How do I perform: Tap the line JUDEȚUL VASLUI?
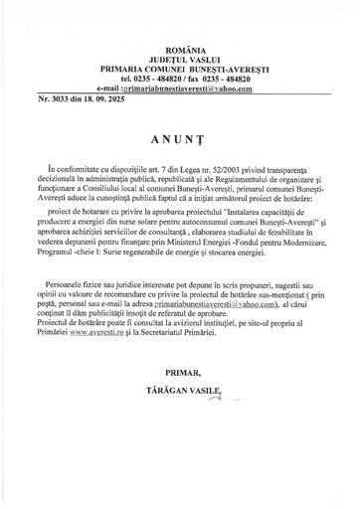[x=180, y=28]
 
